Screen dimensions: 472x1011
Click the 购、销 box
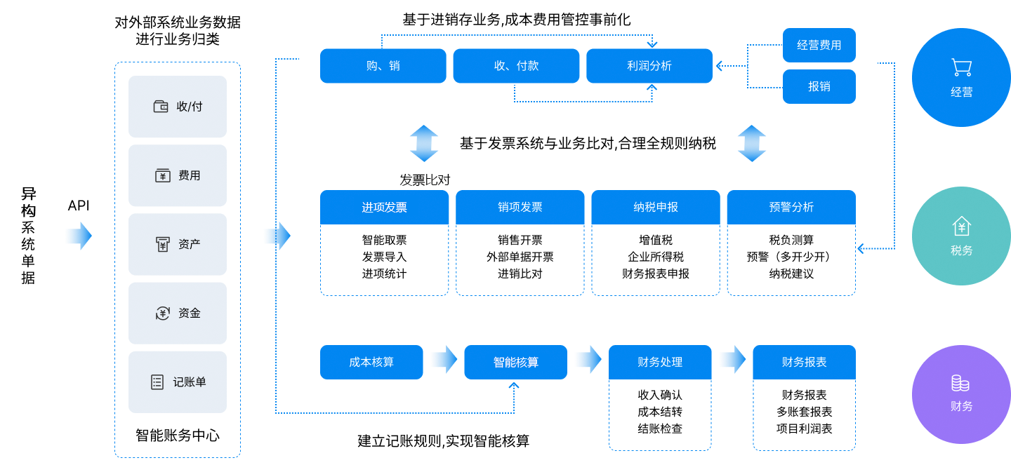pos(383,66)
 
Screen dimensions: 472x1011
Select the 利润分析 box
pos(649,66)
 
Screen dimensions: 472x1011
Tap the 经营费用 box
pos(819,46)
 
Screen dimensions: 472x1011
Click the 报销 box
pos(819,87)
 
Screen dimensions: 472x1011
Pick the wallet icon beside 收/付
pos(161,107)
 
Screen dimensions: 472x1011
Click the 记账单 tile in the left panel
pos(178,382)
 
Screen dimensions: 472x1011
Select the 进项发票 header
pos(384,208)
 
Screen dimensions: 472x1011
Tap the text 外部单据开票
pos(520,257)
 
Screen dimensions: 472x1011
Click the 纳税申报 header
pos(655,208)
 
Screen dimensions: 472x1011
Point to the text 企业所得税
pos(655,257)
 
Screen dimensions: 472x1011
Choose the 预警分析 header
pos(791,208)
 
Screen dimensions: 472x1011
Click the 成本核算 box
pos(371,363)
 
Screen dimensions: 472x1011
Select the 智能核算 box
pos(515,363)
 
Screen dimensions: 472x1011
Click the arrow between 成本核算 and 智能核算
pos(444,360)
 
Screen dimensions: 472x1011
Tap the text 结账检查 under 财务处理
pos(659,429)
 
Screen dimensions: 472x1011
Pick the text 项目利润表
pos(804,429)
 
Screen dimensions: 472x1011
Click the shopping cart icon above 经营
pos(961,67)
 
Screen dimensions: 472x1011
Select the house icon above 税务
pos(961,226)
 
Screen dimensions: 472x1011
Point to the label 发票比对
pos(425,180)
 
